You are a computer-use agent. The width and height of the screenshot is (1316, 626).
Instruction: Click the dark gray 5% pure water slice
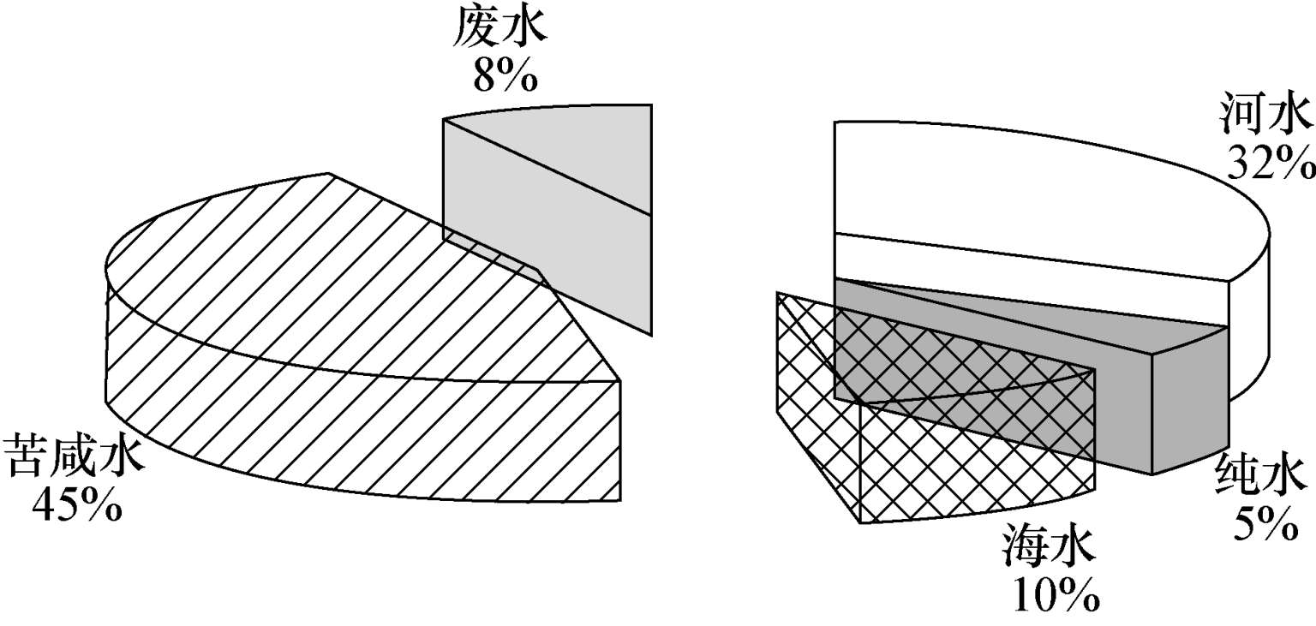[1191, 402]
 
